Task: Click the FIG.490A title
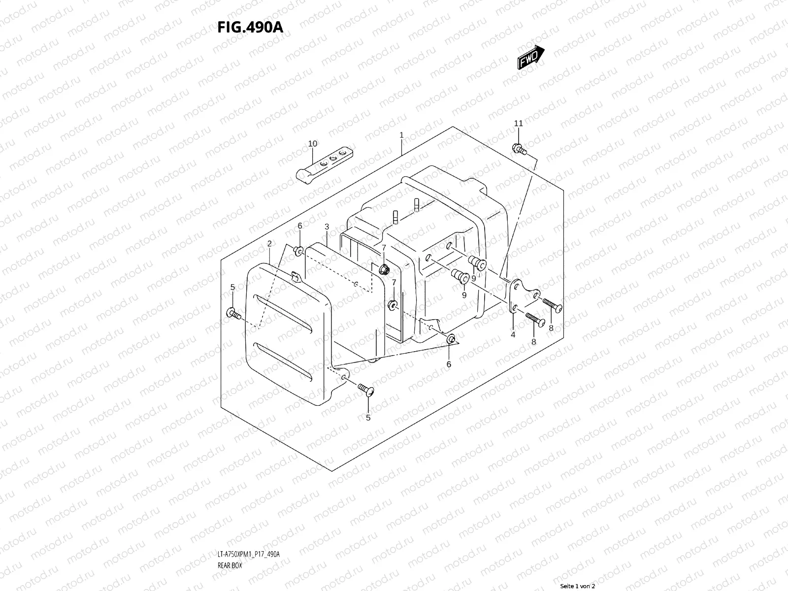click(x=250, y=27)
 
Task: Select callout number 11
click(x=518, y=123)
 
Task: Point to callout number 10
click(x=313, y=144)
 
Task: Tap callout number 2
click(x=269, y=243)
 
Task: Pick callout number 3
click(x=327, y=227)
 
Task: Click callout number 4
click(x=513, y=334)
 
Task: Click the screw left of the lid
click(x=233, y=313)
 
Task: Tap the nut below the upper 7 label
click(x=385, y=269)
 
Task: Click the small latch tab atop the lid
click(x=295, y=277)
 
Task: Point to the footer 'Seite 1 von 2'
click(x=578, y=586)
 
